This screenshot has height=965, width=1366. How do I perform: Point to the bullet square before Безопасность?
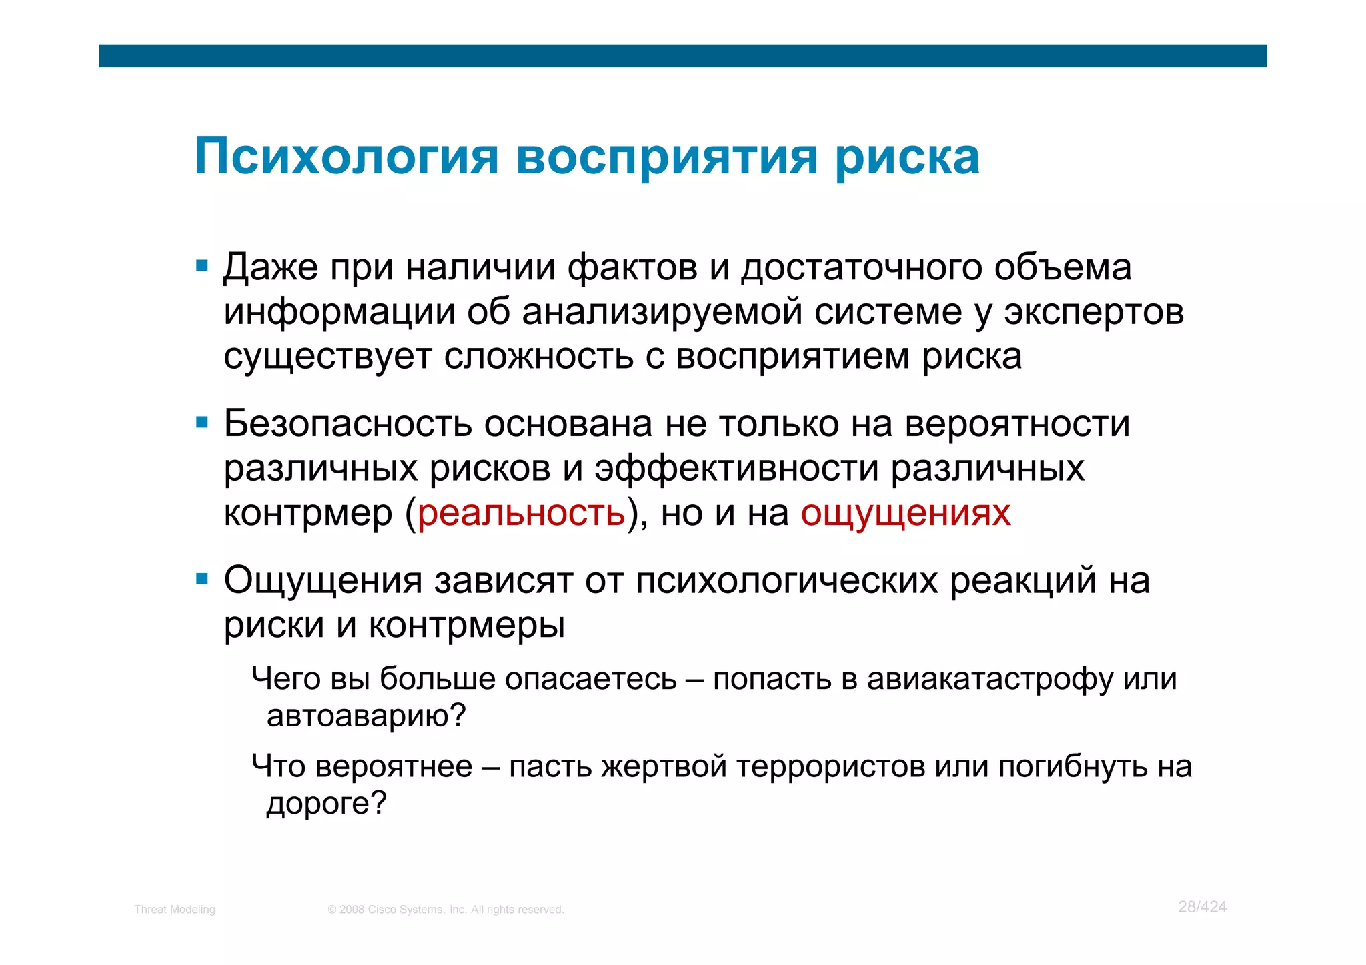point(202,423)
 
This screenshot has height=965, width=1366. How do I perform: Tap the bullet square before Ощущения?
point(202,579)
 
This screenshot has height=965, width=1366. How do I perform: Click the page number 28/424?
point(1202,907)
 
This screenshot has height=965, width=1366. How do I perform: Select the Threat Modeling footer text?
point(175,910)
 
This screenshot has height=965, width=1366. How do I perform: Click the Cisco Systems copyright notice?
point(446,910)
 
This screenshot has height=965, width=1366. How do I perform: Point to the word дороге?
point(319,803)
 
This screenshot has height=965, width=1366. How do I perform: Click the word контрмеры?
point(467,624)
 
